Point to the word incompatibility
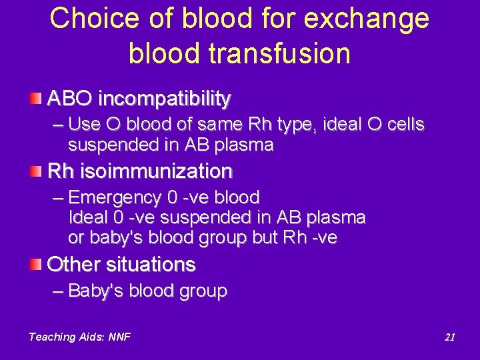[x=164, y=99]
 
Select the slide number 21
[x=449, y=337]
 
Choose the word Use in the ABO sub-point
[x=83, y=125]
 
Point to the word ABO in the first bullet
[x=70, y=99]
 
